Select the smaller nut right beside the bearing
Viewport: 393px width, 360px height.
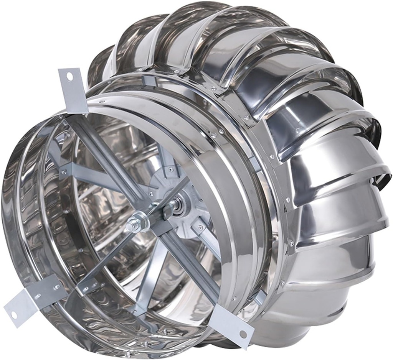pyautogui.click(x=168, y=210)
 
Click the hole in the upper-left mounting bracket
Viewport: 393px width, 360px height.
pyautogui.click(x=69, y=77)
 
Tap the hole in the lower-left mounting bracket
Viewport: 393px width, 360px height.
pyautogui.click(x=13, y=315)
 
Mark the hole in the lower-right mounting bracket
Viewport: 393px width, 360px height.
pyautogui.click(x=243, y=334)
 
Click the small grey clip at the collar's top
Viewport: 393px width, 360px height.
pyautogui.click(x=148, y=81)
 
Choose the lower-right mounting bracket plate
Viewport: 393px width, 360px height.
pyautogui.click(x=232, y=324)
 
